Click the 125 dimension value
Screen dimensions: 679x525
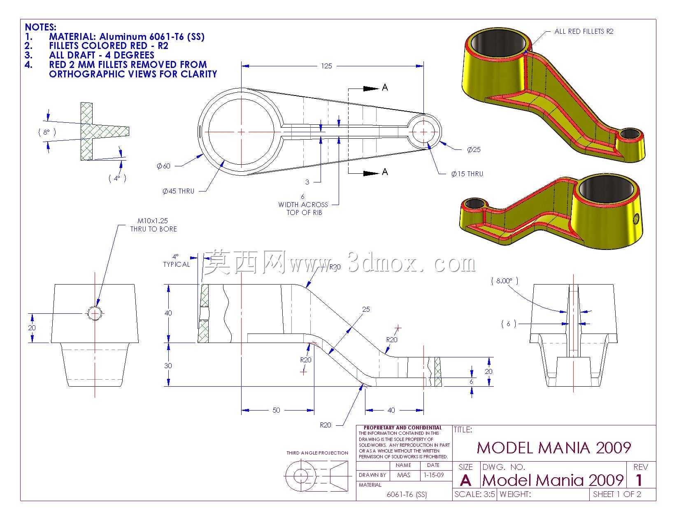(x=326, y=66)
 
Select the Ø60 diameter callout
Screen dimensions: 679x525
(x=163, y=166)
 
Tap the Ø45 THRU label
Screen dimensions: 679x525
(x=179, y=191)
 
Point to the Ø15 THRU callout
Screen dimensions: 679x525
(x=467, y=174)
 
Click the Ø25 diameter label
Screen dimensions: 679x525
(x=474, y=149)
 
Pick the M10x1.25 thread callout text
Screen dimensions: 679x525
(x=153, y=221)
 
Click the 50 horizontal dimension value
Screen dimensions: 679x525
(x=276, y=410)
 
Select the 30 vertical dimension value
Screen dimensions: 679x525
(x=168, y=366)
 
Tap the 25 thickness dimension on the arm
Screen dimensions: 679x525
(x=366, y=309)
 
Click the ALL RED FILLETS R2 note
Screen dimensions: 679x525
(x=584, y=31)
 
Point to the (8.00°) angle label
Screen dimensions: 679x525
(x=505, y=281)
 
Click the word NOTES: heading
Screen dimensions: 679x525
(x=40, y=27)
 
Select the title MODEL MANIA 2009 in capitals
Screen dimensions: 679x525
(x=554, y=448)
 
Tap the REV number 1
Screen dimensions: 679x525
(x=639, y=480)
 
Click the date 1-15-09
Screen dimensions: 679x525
(x=434, y=475)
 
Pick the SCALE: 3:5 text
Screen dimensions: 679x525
(x=474, y=495)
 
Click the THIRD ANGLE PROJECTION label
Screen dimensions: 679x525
(x=317, y=453)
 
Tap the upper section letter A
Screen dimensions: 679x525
(x=385, y=88)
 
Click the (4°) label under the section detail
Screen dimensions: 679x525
(x=117, y=178)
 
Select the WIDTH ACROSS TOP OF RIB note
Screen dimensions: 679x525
(x=303, y=209)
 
